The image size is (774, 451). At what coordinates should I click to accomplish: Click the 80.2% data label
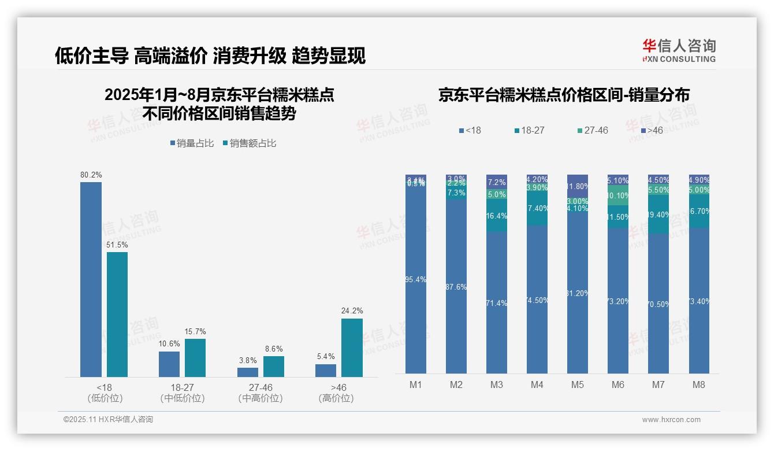click(91, 175)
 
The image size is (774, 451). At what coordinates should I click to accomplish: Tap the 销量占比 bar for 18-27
click(169, 364)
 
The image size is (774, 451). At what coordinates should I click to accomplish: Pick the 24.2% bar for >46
click(352, 348)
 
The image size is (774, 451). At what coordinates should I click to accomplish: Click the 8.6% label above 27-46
click(274, 349)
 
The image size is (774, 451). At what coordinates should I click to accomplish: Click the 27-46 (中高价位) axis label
click(260, 393)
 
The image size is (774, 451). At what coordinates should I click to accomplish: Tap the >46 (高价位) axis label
click(338, 393)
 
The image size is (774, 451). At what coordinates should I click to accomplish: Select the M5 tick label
click(577, 385)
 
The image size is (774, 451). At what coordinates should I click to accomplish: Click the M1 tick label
click(415, 385)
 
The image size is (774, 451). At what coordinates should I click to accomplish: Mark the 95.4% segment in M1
click(415, 280)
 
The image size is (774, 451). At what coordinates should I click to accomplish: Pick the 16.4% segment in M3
click(496, 216)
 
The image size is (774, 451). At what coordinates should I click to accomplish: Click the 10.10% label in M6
click(618, 195)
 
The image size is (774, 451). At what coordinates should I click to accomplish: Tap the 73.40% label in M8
click(699, 301)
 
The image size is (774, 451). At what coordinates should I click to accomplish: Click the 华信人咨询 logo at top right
click(679, 50)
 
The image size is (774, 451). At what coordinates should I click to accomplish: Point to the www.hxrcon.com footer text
click(671, 420)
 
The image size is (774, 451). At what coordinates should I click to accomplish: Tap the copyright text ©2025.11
click(108, 420)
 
